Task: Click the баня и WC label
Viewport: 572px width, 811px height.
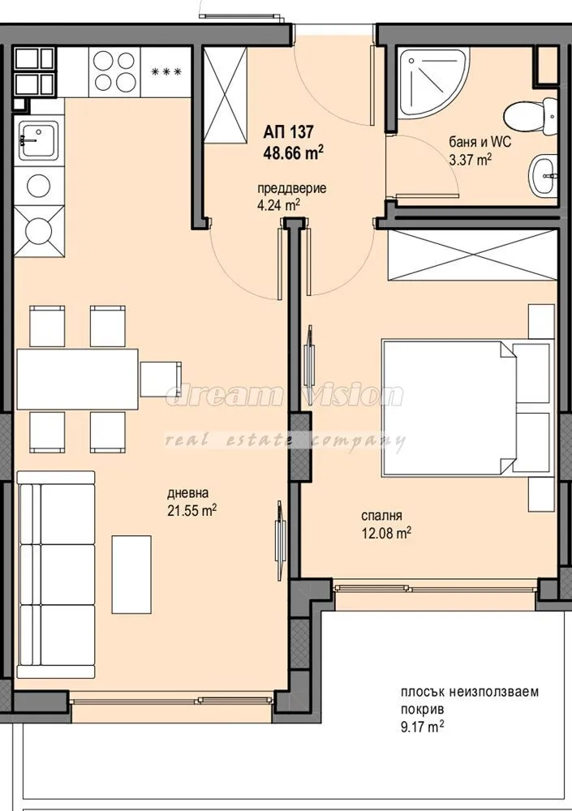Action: pyautogui.click(x=481, y=143)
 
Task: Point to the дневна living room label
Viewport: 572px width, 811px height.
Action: pyautogui.click(x=187, y=493)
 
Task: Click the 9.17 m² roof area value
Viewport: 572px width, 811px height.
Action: pyautogui.click(x=421, y=727)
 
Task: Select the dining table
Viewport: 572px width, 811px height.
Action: pyautogui.click(x=77, y=379)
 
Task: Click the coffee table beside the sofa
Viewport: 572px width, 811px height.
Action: pyautogui.click(x=131, y=573)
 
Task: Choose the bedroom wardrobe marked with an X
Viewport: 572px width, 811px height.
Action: pyautogui.click(x=473, y=255)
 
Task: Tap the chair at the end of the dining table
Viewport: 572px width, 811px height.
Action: pyautogui.click(x=158, y=378)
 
